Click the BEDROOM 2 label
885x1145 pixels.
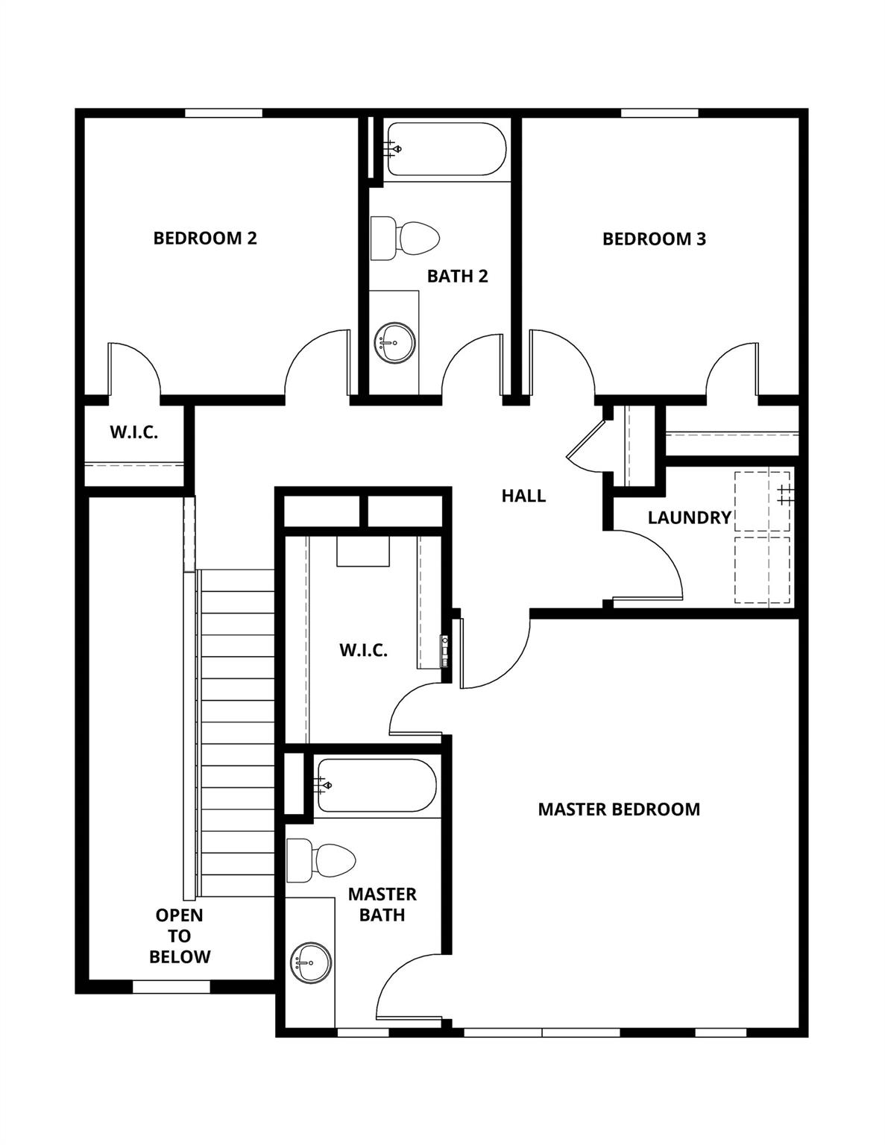pyautogui.click(x=205, y=238)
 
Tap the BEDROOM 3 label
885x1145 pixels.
pyautogui.click(x=654, y=239)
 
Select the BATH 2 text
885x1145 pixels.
pyautogui.click(x=457, y=276)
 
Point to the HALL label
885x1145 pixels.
pyautogui.click(x=523, y=496)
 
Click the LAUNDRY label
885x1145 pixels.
pyautogui.click(x=689, y=517)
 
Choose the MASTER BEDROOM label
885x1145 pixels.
pyautogui.click(x=619, y=809)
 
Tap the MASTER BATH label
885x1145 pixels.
pyautogui.click(x=382, y=904)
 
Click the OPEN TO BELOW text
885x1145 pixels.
pyautogui.click(x=179, y=936)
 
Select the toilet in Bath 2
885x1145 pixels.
pyautogui.click(x=406, y=239)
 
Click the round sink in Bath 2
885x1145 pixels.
pyautogui.click(x=394, y=343)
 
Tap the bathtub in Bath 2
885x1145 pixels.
pyautogui.click(x=446, y=149)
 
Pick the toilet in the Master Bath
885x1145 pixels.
pyautogui.click(x=323, y=859)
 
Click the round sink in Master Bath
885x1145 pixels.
pyautogui.click(x=310, y=963)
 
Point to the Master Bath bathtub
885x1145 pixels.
pyautogui.click(x=376, y=786)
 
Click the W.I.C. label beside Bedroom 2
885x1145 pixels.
pyautogui.click(x=134, y=432)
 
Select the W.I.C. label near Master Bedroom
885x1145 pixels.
pyautogui.click(x=363, y=650)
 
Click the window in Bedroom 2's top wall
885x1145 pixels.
pyautogui.click(x=224, y=113)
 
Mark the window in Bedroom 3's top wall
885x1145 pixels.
pyautogui.click(x=659, y=113)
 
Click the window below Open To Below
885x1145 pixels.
pyautogui.click(x=171, y=987)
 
